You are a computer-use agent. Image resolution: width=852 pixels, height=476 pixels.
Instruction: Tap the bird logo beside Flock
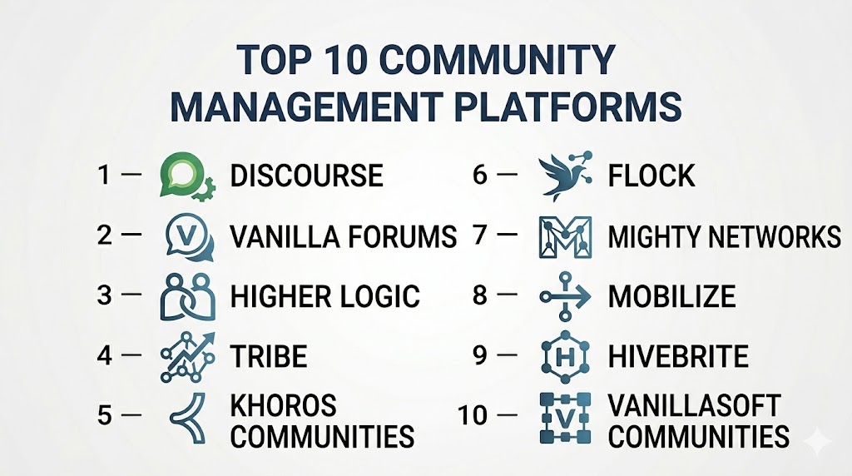tap(565, 176)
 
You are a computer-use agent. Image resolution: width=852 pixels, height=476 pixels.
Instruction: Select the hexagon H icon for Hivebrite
tap(566, 356)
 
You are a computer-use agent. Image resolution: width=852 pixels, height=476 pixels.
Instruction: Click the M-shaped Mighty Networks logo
tap(565, 237)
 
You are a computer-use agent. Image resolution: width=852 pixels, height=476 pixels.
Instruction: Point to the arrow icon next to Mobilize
tap(565, 296)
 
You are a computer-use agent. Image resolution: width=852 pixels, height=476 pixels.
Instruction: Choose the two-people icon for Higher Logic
tap(188, 297)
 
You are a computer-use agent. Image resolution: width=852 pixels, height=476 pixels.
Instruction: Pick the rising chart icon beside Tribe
tap(188, 357)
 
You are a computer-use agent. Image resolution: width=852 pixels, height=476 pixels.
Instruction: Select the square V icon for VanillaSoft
tap(565, 417)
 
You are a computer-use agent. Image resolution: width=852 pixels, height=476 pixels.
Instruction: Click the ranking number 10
tap(473, 416)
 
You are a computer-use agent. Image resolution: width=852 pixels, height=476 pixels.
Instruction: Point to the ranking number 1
tap(104, 175)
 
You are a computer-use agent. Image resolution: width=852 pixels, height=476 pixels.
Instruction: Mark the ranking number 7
tap(480, 236)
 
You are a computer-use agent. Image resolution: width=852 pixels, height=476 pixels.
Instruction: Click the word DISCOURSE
tap(306, 176)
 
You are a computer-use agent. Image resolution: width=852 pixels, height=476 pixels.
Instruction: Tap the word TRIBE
tap(269, 356)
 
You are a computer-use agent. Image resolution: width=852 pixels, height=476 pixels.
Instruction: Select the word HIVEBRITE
tap(678, 356)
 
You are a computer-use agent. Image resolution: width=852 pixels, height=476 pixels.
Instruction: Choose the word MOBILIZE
tap(671, 296)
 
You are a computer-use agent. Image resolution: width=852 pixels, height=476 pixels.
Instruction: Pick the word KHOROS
tap(283, 405)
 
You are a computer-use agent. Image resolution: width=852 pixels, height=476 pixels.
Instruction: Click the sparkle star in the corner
tap(818, 442)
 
